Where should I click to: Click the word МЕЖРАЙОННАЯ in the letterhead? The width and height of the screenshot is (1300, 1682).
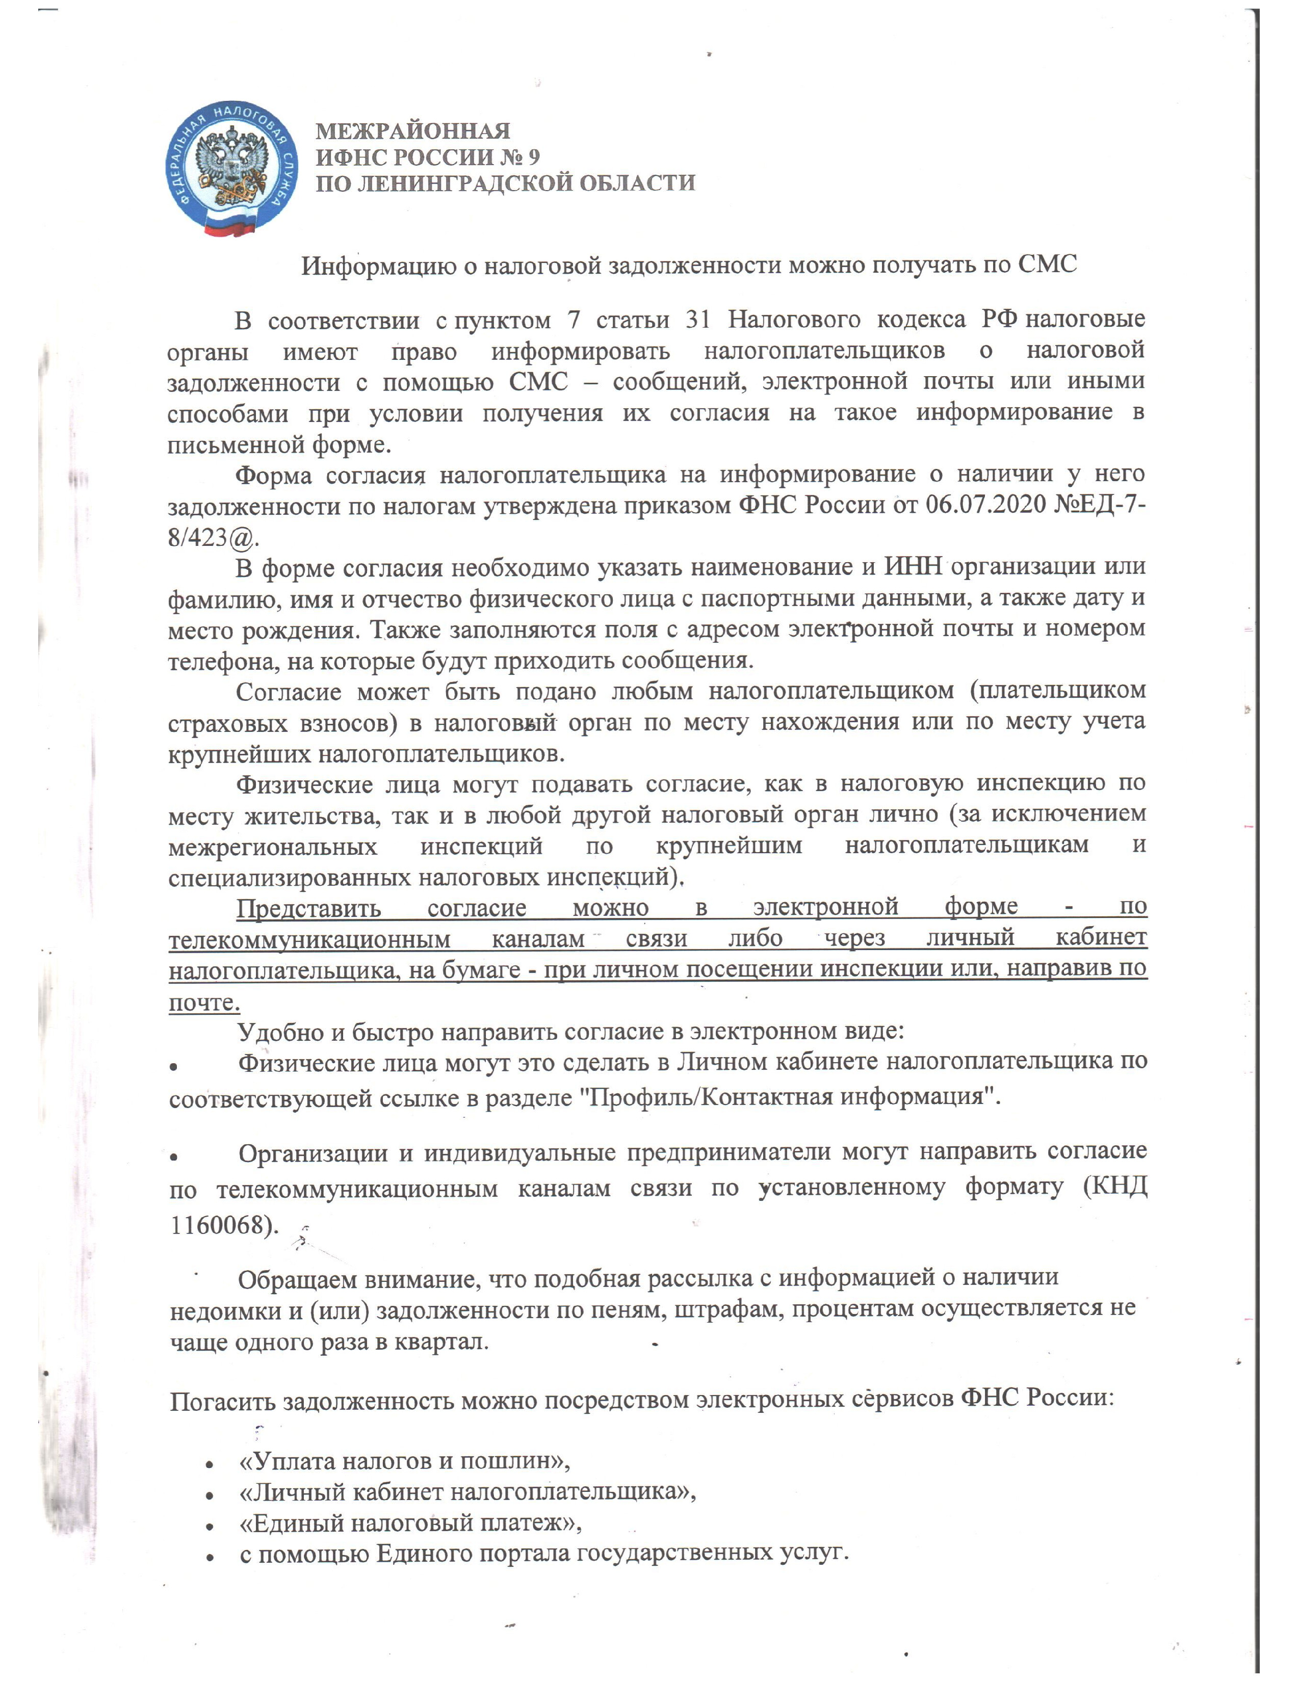click(x=413, y=132)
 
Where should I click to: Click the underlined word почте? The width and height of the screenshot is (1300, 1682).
click(x=204, y=1003)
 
